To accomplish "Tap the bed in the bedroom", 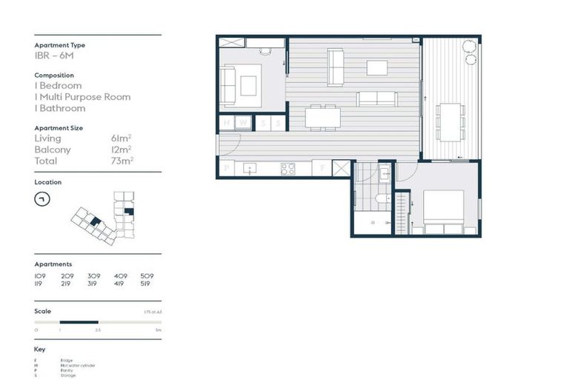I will coord(443,211).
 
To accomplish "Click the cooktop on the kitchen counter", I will coord(287,169).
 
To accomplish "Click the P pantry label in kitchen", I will coord(227,169).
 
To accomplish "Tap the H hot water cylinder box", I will coord(227,123).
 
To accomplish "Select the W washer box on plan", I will coord(244,123).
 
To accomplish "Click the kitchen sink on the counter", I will coord(250,169).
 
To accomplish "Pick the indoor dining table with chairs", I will coord(323,117).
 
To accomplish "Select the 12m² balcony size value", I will coord(120,150).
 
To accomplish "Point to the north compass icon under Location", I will coord(43,199).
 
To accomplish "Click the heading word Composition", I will coord(53,75).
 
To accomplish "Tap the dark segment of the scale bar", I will coord(79,322).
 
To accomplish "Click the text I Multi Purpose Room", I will coord(82,97).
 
